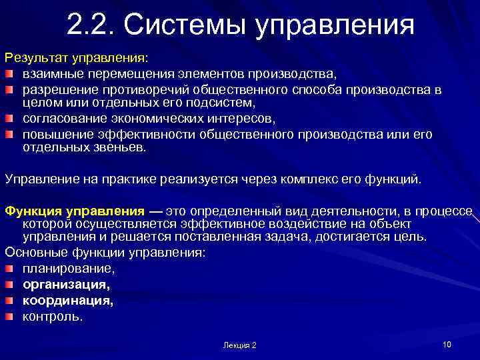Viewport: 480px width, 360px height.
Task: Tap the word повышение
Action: coord(55,135)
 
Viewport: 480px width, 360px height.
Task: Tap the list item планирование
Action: coord(69,269)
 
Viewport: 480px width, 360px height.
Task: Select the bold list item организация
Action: coord(66,285)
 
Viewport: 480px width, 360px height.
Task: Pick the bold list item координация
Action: coord(68,301)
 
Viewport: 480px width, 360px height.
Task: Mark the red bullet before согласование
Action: coord(10,119)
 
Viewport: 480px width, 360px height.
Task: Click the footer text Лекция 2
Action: coord(240,345)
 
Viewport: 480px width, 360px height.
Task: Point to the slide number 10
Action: coord(447,344)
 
